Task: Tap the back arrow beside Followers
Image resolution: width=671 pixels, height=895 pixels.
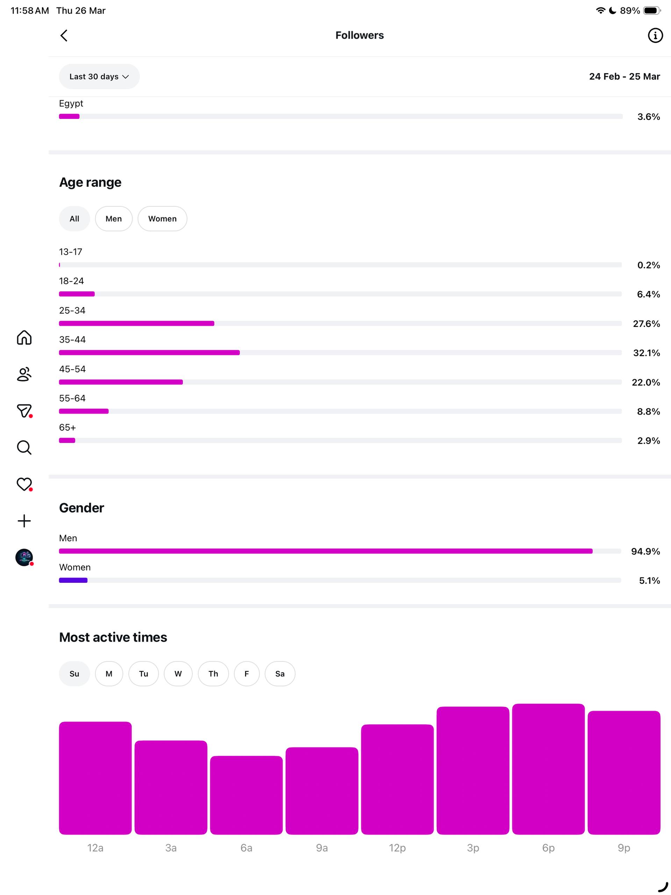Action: (x=64, y=36)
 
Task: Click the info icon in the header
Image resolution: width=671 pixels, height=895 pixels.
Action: (x=655, y=36)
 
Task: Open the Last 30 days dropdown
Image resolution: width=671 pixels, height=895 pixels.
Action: (x=99, y=77)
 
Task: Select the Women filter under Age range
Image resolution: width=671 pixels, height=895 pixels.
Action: (x=162, y=219)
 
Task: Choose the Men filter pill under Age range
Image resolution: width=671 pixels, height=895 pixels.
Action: (x=114, y=219)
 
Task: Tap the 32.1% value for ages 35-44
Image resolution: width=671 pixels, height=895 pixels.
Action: (x=646, y=353)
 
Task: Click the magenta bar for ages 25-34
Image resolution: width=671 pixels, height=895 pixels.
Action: (x=136, y=323)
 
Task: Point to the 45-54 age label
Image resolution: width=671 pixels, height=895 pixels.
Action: (x=72, y=369)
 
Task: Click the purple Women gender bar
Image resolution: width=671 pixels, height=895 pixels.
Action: (x=73, y=580)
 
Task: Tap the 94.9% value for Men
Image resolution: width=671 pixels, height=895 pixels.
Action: (x=645, y=551)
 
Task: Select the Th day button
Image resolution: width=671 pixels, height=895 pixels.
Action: (x=213, y=674)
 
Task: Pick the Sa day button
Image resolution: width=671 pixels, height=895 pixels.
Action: (x=280, y=674)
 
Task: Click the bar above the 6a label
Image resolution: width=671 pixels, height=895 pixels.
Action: (x=246, y=795)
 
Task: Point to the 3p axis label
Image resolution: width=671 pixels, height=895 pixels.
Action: (x=473, y=848)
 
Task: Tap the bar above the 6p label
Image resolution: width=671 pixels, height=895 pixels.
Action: (x=548, y=769)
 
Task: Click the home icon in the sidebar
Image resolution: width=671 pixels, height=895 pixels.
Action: (x=24, y=337)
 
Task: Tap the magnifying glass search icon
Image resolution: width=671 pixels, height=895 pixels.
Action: (x=24, y=447)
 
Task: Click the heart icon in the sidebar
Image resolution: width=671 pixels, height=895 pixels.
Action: (x=24, y=484)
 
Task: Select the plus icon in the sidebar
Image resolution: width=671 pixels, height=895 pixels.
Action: (x=24, y=521)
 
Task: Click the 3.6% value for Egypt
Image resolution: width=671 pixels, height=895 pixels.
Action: (x=648, y=117)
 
